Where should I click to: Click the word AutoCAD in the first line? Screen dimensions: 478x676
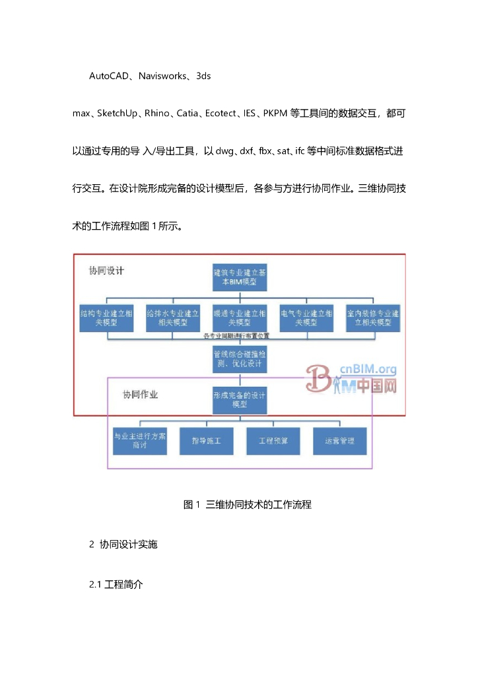click(109, 76)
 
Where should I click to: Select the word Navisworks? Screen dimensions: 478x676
click(163, 76)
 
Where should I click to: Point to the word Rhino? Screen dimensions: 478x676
click(156, 114)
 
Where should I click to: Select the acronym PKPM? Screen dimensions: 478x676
click(275, 114)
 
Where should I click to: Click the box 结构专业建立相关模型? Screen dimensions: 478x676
click(106, 317)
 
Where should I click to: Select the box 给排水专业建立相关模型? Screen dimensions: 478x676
click(173, 317)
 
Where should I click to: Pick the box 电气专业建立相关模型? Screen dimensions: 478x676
click(306, 317)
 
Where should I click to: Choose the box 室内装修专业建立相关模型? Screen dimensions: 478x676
click(373, 317)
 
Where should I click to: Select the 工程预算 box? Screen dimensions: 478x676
click(273, 441)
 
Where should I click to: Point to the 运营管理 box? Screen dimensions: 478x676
click(339, 441)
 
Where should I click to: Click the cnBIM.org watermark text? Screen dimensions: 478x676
click(368, 370)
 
